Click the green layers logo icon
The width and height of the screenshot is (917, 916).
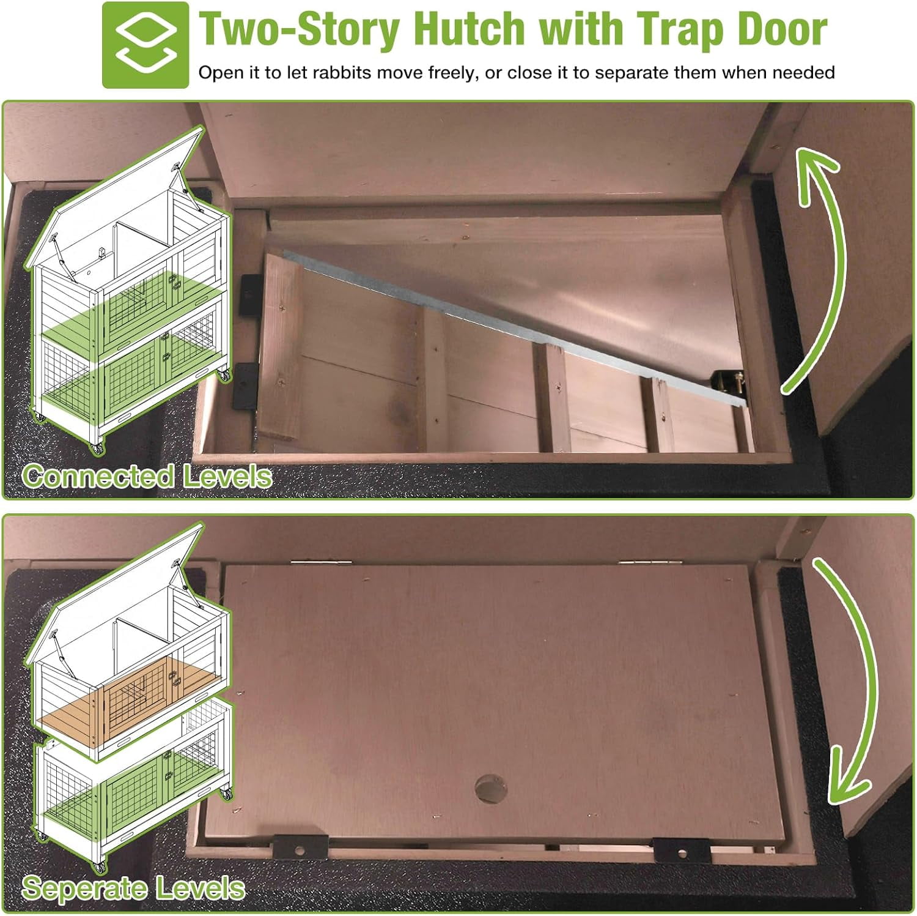[145, 45]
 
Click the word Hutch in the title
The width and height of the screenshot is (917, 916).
[470, 29]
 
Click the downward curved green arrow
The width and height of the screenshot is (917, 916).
[853, 679]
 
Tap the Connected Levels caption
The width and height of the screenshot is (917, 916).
[147, 476]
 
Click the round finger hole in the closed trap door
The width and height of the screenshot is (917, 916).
[491, 789]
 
